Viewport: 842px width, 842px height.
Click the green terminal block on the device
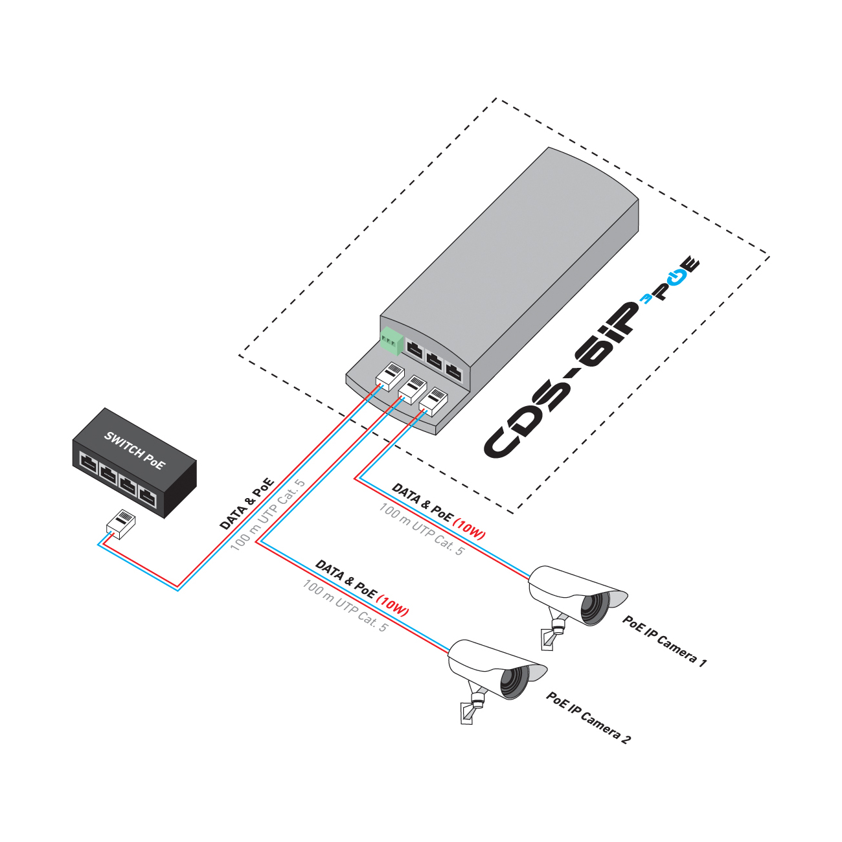pyautogui.click(x=391, y=340)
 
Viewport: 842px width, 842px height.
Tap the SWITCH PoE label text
pyautogui.click(x=135, y=450)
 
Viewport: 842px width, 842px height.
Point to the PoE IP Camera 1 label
pyautogui.click(x=665, y=641)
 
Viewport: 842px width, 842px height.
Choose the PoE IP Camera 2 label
pyautogui.click(x=588, y=718)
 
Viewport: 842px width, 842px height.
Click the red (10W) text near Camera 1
pyautogui.click(x=469, y=529)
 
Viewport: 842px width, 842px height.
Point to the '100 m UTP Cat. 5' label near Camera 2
pyautogui.click(x=345, y=606)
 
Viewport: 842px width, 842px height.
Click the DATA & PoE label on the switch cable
pyautogui.click(x=247, y=504)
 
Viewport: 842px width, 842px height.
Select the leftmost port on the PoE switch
pyautogui.click(x=88, y=464)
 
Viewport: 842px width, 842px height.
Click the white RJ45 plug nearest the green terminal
pyautogui.click(x=390, y=376)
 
